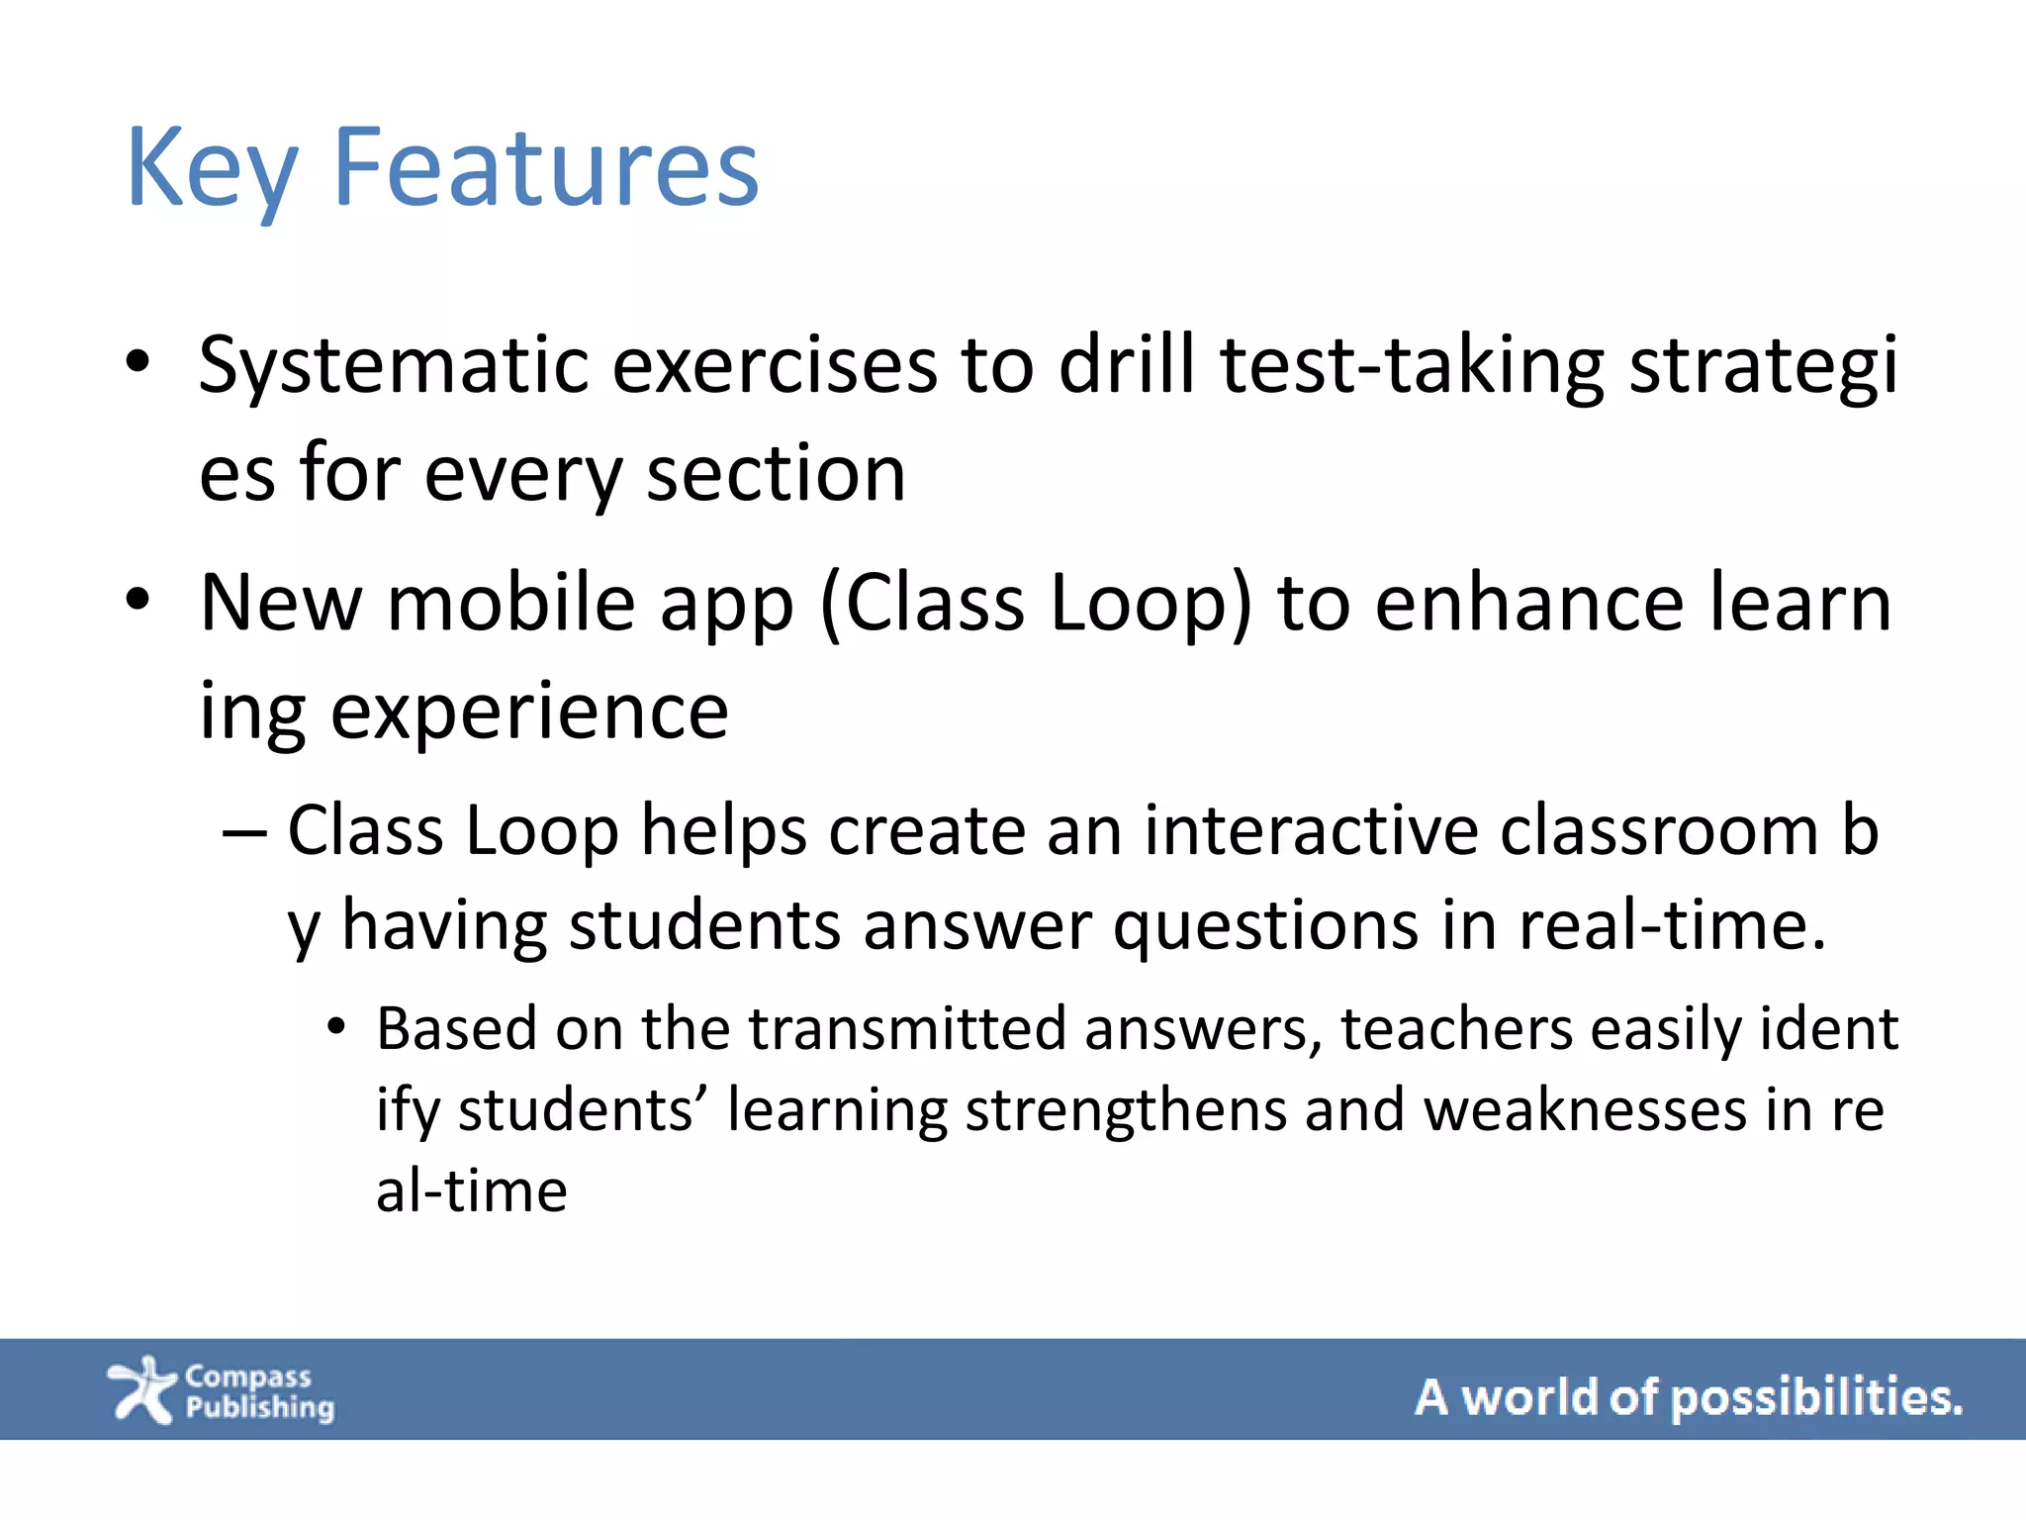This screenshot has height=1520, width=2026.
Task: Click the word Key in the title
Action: pos(212,170)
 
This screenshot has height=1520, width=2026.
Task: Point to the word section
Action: pos(776,475)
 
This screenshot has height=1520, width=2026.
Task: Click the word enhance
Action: pos(1528,604)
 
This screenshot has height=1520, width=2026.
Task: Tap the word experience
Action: pos(528,712)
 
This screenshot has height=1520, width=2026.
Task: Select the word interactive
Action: pos(1310,831)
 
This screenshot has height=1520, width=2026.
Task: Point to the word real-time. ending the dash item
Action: pos(1672,926)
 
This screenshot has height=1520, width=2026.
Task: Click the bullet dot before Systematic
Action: pos(138,362)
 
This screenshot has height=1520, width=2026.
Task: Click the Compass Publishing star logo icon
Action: pos(142,1389)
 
